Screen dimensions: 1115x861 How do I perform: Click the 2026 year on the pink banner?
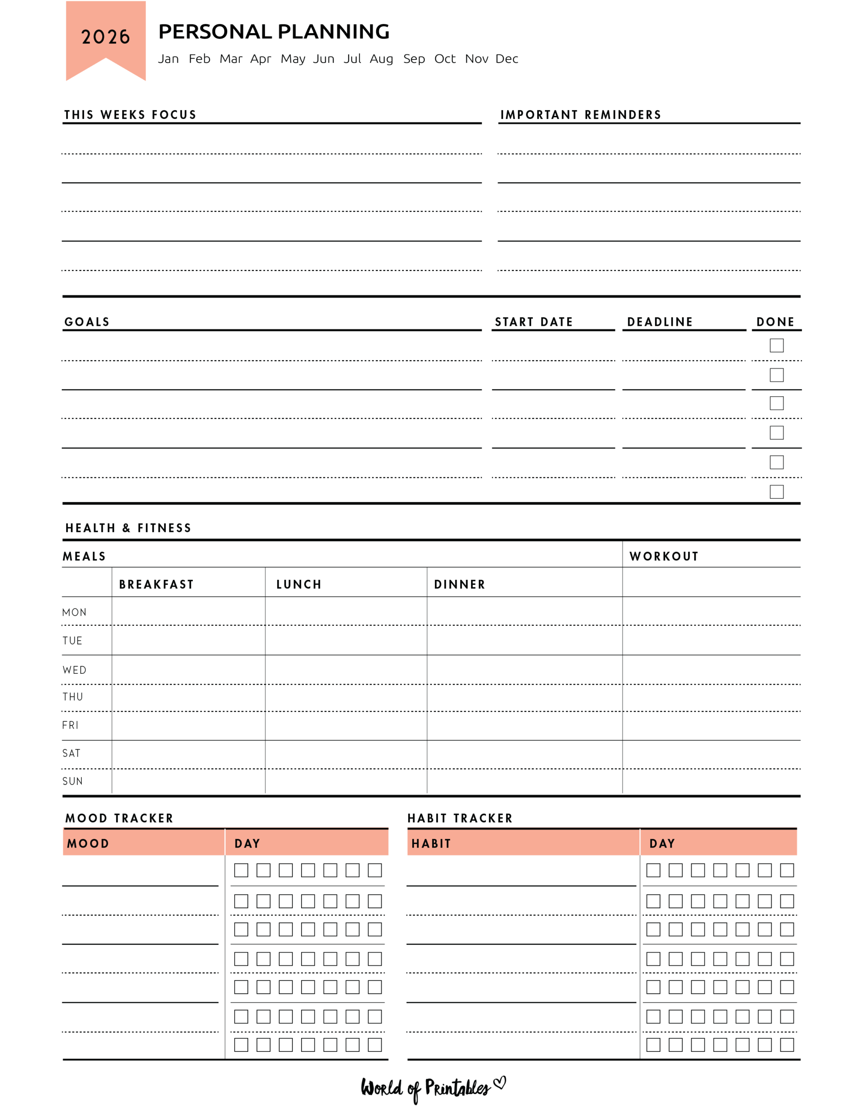(106, 37)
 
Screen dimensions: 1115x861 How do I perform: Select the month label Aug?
(381, 59)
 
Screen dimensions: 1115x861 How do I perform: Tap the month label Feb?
(199, 59)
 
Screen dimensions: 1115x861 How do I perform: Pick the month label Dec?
(506, 59)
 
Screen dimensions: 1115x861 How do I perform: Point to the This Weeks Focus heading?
(130, 115)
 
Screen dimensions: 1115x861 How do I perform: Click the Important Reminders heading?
(580, 115)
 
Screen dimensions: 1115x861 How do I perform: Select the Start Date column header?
(533, 322)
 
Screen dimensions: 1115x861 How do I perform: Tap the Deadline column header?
(659, 322)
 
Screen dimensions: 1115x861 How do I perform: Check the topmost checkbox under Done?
(776, 346)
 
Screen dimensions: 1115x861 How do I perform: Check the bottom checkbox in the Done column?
(776, 492)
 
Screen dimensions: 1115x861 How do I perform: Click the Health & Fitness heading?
(128, 528)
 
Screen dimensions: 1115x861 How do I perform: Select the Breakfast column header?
(156, 585)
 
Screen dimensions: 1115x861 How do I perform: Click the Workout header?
(663, 557)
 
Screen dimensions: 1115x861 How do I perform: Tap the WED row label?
(74, 670)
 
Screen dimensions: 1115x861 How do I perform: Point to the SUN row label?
(72, 781)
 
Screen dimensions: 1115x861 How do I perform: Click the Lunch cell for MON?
(346, 611)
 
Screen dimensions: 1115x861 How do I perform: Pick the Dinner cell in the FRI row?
(524, 726)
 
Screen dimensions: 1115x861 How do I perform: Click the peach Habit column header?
(431, 843)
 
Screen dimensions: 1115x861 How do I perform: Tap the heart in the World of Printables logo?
(500, 1082)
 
